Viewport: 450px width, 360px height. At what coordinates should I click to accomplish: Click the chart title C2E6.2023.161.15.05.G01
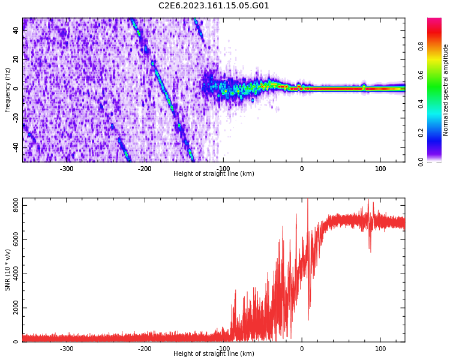point(214,6)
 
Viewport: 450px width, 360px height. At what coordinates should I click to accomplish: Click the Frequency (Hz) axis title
point(8,90)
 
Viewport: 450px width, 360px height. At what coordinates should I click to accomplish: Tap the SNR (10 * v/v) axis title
point(8,270)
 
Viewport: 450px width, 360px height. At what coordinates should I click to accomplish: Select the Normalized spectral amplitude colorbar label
point(446,90)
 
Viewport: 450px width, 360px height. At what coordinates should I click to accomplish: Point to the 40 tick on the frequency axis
point(16,31)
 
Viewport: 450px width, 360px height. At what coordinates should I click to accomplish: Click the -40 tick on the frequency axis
point(16,147)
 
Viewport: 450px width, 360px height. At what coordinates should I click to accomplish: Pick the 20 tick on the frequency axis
point(16,59)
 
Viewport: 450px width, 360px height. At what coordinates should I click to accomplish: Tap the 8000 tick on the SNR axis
point(11,205)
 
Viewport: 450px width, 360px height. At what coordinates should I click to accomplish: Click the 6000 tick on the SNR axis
point(11,239)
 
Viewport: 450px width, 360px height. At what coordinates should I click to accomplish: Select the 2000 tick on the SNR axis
point(11,308)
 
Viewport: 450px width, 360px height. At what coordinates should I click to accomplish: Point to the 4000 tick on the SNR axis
point(11,274)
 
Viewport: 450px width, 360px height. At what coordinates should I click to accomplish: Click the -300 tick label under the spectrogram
point(66,169)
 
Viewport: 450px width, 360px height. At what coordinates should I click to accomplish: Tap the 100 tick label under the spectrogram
point(380,169)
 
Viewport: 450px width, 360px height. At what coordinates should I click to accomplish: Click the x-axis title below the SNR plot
point(214,354)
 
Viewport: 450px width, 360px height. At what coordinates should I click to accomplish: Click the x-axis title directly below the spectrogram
point(214,174)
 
